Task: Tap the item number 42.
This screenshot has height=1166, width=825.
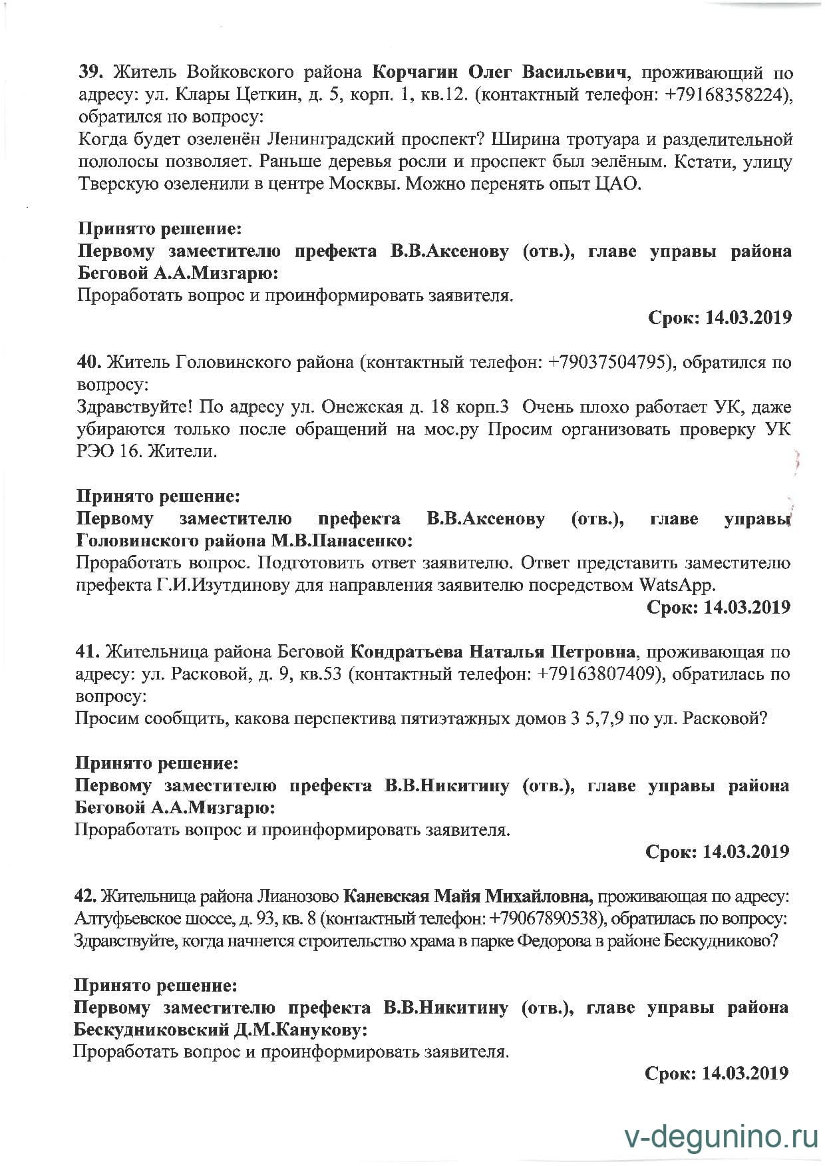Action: pos(85,896)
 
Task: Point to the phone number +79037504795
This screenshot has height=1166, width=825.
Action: pos(607,363)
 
